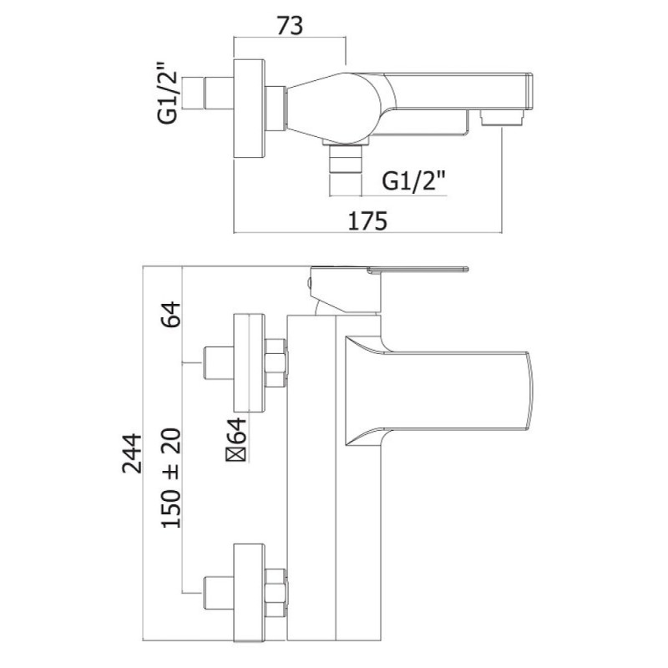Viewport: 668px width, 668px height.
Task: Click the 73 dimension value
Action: click(290, 26)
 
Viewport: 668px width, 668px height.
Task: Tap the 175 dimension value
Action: click(367, 221)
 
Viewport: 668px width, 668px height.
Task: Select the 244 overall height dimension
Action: click(132, 453)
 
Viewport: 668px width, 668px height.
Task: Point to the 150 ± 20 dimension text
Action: click(171, 478)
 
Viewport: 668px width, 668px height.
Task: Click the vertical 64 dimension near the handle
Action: click(171, 314)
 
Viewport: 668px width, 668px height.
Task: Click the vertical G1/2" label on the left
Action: click(167, 94)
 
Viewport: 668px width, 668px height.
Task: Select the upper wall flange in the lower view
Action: click(249, 363)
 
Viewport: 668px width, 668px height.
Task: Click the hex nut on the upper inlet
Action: click(276, 363)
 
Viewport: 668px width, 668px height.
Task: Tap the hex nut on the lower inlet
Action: click(276, 592)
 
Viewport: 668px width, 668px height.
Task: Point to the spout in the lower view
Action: click(439, 392)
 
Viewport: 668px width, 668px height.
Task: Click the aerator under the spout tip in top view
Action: click(502, 118)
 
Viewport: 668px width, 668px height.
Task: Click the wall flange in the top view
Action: click(249, 109)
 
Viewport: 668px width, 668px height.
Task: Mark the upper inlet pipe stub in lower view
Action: click(219, 363)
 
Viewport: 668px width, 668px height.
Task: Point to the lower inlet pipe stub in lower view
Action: click(219, 593)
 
